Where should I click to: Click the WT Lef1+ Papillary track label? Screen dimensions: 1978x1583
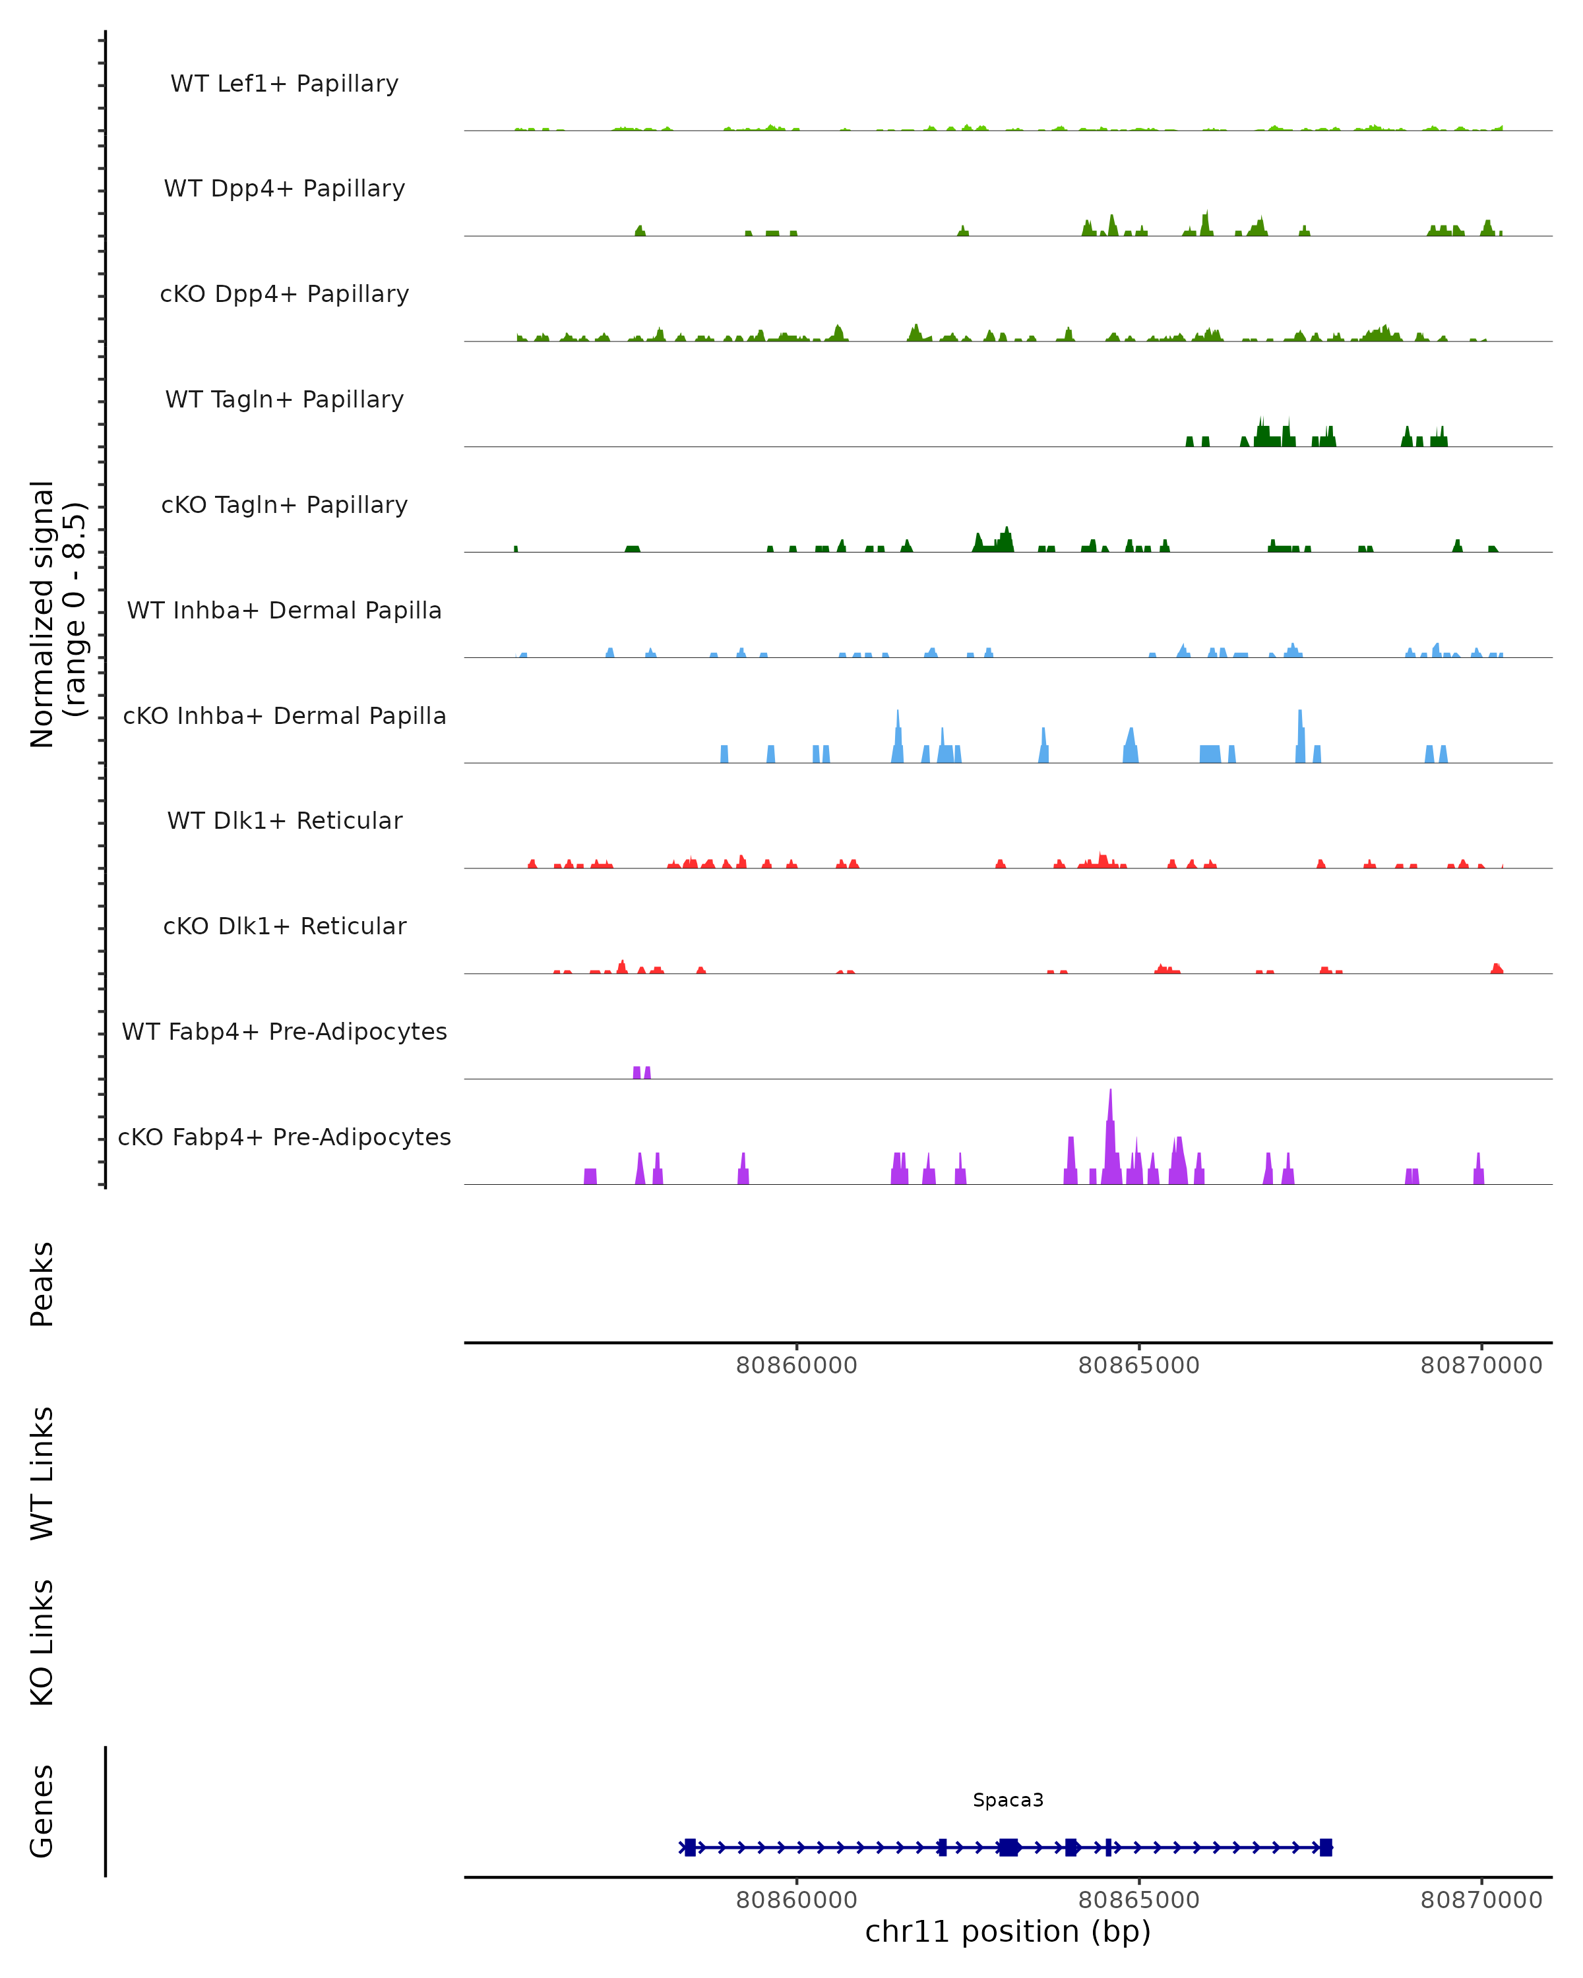(284, 84)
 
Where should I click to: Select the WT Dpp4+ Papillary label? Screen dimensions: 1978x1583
(284, 189)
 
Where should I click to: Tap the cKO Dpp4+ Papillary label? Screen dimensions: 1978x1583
(284, 295)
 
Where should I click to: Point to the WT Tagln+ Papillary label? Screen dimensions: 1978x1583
(284, 400)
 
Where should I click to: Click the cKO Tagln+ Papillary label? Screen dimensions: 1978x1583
(284, 506)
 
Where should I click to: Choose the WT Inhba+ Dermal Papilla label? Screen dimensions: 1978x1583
(284, 611)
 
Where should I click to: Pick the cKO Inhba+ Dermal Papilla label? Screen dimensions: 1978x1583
(284, 717)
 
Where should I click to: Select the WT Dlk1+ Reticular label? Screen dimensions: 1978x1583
(284, 821)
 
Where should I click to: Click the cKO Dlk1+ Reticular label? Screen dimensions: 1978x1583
(284, 926)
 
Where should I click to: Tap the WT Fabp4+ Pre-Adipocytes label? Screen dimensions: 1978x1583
(284, 1032)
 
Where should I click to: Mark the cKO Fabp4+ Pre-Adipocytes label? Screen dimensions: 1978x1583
(284, 1137)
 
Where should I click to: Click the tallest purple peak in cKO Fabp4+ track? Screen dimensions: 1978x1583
(1110, 1137)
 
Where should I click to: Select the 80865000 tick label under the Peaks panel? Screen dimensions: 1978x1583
(1139, 1366)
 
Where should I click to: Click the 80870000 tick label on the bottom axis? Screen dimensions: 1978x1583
(1481, 1900)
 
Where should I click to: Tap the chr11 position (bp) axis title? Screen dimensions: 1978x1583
(1008, 1932)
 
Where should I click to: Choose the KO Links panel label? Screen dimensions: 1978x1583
(42, 1642)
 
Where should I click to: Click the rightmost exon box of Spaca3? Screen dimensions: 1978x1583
(1326, 1847)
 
